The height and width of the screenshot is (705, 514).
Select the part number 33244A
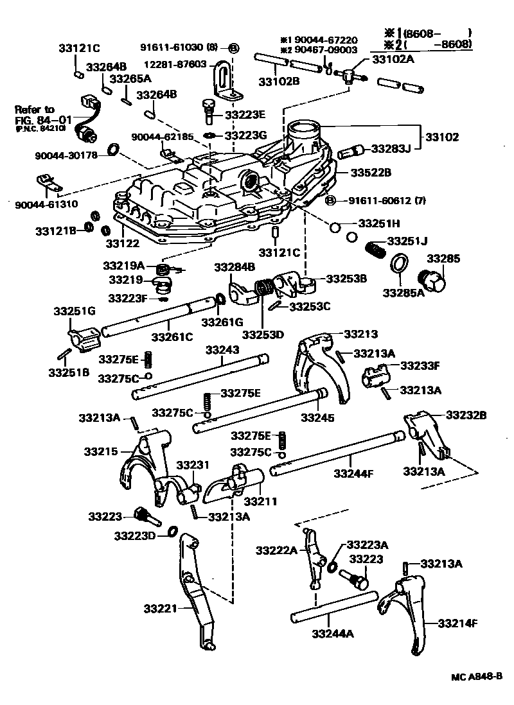point(332,634)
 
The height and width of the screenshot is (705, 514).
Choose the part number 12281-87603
point(174,64)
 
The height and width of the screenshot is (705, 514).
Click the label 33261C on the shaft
point(173,336)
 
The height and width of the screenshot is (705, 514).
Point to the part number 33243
point(222,350)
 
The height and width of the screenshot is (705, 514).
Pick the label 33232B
point(466,415)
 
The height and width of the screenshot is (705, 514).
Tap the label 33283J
point(392,149)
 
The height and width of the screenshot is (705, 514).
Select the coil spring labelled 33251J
point(375,247)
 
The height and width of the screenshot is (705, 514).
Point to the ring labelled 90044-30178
point(113,150)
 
